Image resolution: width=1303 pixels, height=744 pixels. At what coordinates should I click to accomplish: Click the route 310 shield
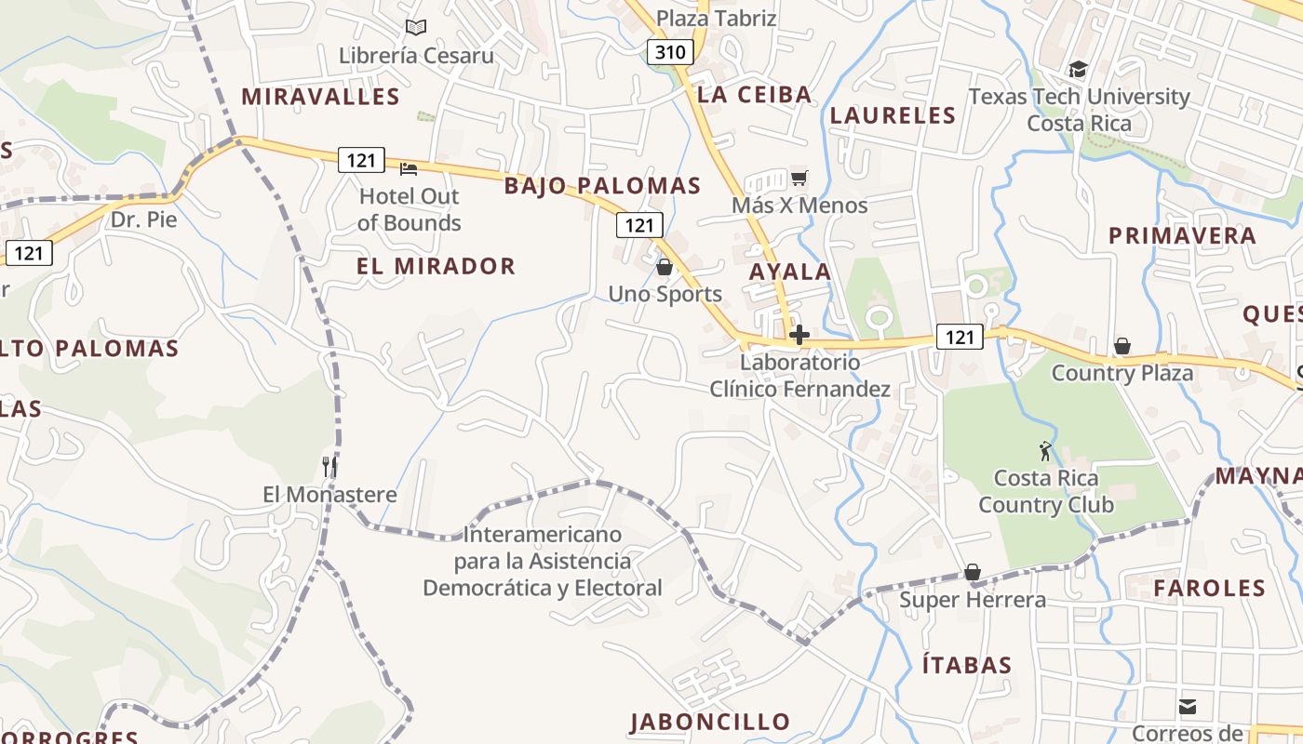pyautogui.click(x=669, y=52)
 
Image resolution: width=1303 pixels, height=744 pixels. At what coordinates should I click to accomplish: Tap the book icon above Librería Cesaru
pyautogui.click(x=416, y=28)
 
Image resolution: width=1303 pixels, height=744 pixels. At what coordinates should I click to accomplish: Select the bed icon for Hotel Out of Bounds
pyautogui.click(x=409, y=168)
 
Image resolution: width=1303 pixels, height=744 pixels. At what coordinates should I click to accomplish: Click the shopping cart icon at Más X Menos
pyautogui.click(x=799, y=178)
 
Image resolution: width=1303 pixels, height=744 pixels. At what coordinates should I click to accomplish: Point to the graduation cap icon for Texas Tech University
pyautogui.click(x=1078, y=69)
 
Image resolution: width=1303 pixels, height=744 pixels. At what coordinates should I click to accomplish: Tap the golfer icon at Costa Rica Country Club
pyautogui.click(x=1046, y=451)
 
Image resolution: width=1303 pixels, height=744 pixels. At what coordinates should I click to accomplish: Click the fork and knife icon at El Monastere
pyautogui.click(x=329, y=465)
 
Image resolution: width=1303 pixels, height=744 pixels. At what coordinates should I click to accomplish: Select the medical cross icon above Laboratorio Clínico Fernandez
pyautogui.click(x=799, y=335)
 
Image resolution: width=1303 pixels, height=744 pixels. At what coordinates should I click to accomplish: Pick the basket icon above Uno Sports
pyautogui.click(x=665, y=267)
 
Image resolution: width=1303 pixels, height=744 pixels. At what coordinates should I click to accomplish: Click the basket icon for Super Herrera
pyautogui.click(x=973, y=571)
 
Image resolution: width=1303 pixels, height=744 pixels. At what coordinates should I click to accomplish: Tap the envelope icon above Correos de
pyautogui.click(x=1188, y=707)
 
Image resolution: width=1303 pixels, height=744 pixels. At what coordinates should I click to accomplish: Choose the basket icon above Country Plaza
pyautogui.click(x=1122, y=346)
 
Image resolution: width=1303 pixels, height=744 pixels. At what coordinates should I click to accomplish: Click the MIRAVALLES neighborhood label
pyautogui.click(x=320, y=97)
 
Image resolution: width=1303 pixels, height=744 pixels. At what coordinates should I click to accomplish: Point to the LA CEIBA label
pyautogui.click(x=754, y=94)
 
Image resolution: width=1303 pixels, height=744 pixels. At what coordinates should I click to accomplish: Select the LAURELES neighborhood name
pyautogui.click(x=893, y=115)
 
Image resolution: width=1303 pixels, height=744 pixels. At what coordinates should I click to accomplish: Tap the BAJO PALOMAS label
pyautogui.click(x=602, y=185)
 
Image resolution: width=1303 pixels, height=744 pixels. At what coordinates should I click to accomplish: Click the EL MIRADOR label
pyautogui.click(x=436, y=266)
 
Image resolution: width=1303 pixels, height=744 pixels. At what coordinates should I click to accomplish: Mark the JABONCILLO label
pyautogui.click(x=710, y=722)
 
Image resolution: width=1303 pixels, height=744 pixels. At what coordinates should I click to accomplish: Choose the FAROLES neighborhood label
pyautogui.click(x=1209, y=588)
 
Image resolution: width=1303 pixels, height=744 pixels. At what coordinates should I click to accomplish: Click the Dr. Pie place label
pyautogui.click(x=143, y=220)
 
